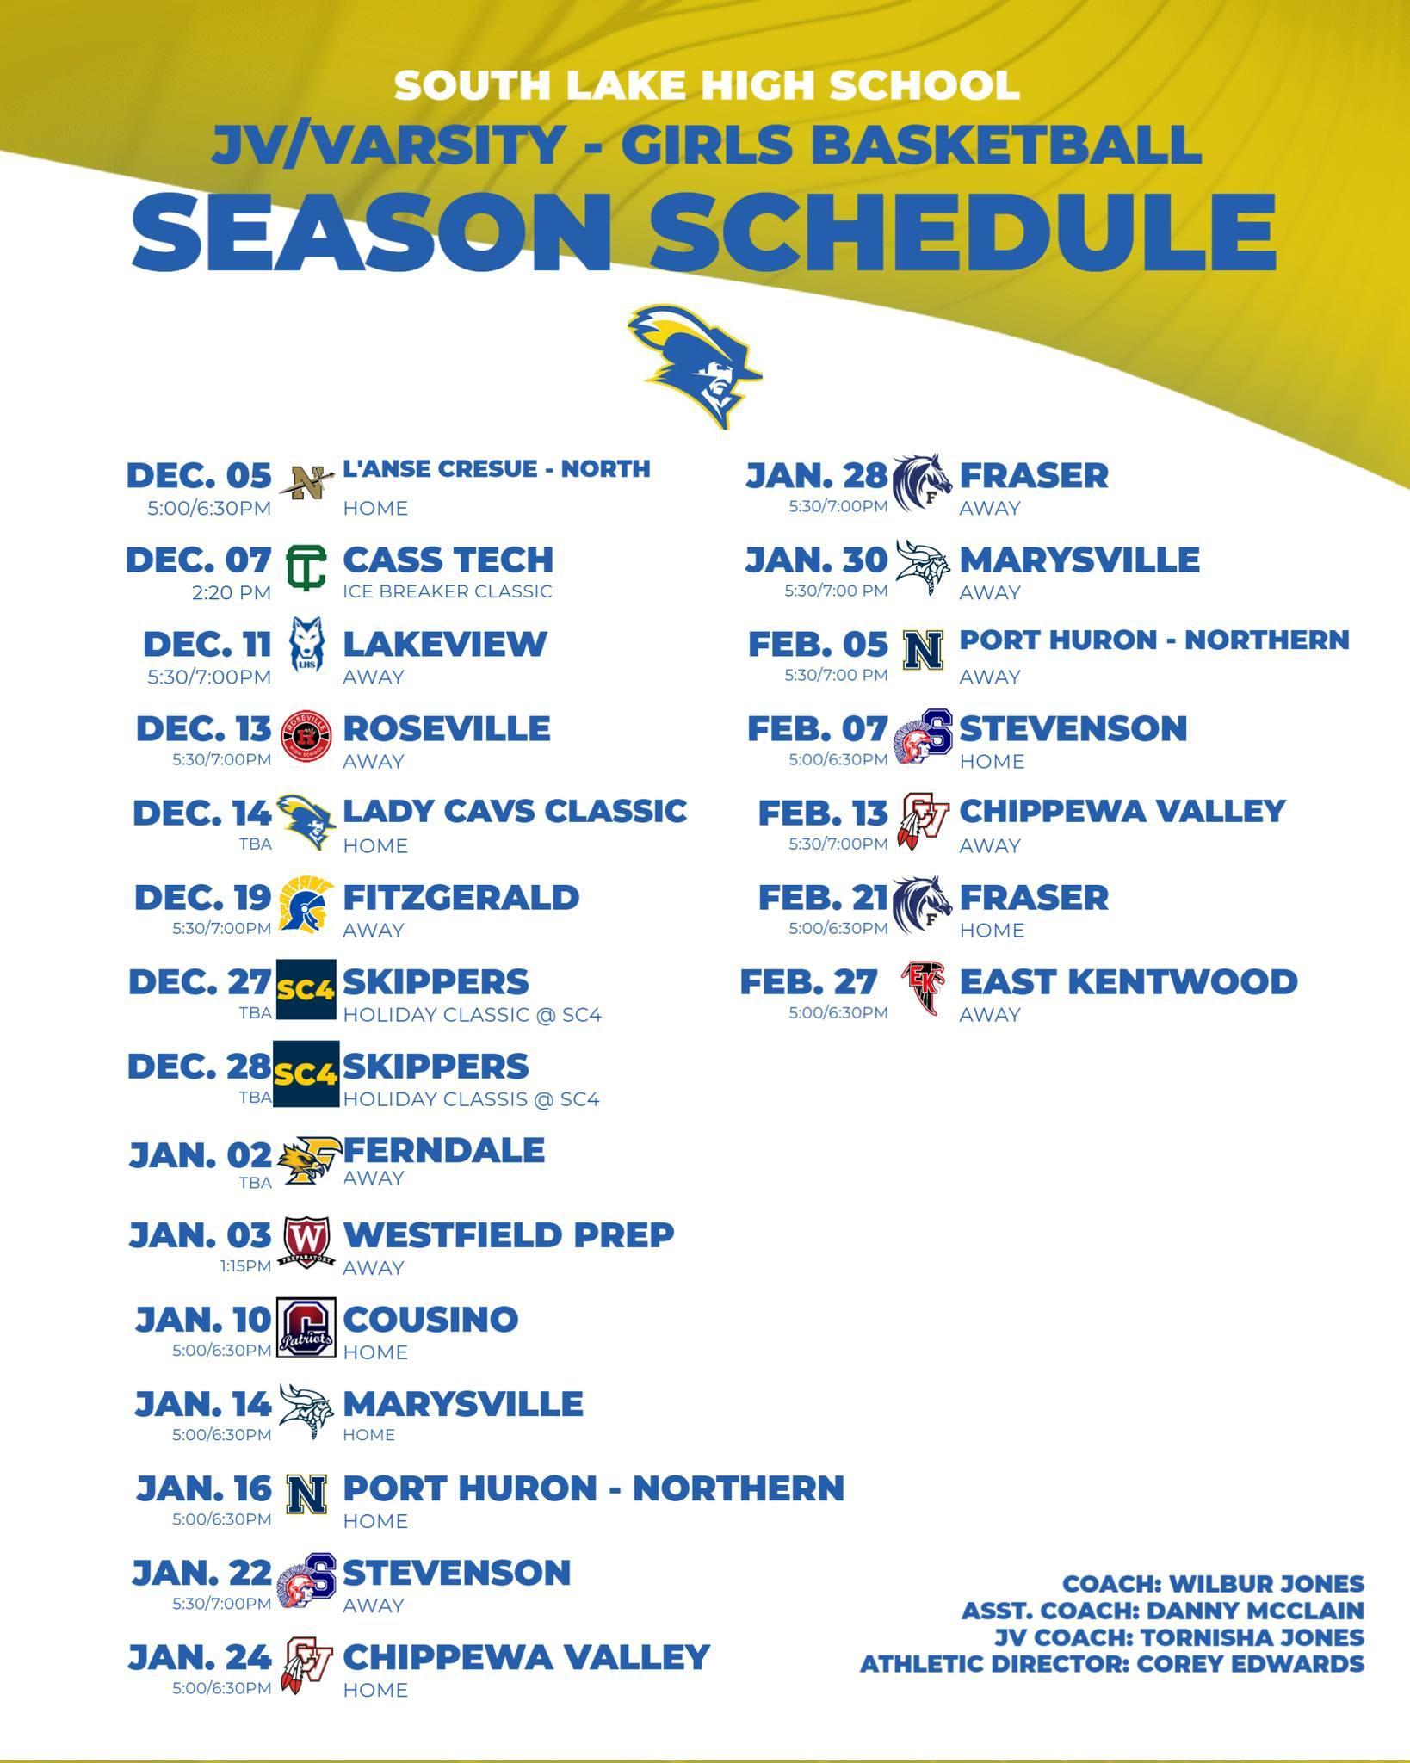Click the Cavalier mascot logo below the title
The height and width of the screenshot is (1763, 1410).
point(695,366)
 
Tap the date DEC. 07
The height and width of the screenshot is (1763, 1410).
point(199,560)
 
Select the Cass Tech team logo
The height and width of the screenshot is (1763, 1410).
point(306,567)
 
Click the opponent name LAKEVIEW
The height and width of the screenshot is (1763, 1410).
point(445,644)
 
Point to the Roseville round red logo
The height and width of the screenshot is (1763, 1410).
point(306,737)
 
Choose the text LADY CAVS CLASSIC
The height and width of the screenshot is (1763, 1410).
point(515,811)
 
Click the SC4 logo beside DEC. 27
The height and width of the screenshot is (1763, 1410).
point(306,989)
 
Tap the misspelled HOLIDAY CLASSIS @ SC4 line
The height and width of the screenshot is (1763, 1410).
point(472,1099)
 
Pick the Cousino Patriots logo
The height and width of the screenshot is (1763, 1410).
point(306,1327)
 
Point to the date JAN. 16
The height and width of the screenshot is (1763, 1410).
point(204,1488)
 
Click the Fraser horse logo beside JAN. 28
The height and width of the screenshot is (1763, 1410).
point(923,483)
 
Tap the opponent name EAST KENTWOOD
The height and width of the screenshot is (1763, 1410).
point(1129,981)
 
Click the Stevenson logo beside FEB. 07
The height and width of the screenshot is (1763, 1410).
point(923,737)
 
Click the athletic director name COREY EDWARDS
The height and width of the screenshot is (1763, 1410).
point(1251,1664)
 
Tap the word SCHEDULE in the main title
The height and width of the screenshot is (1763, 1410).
point(962,230)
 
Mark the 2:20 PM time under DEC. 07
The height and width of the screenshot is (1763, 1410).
point(232,592)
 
